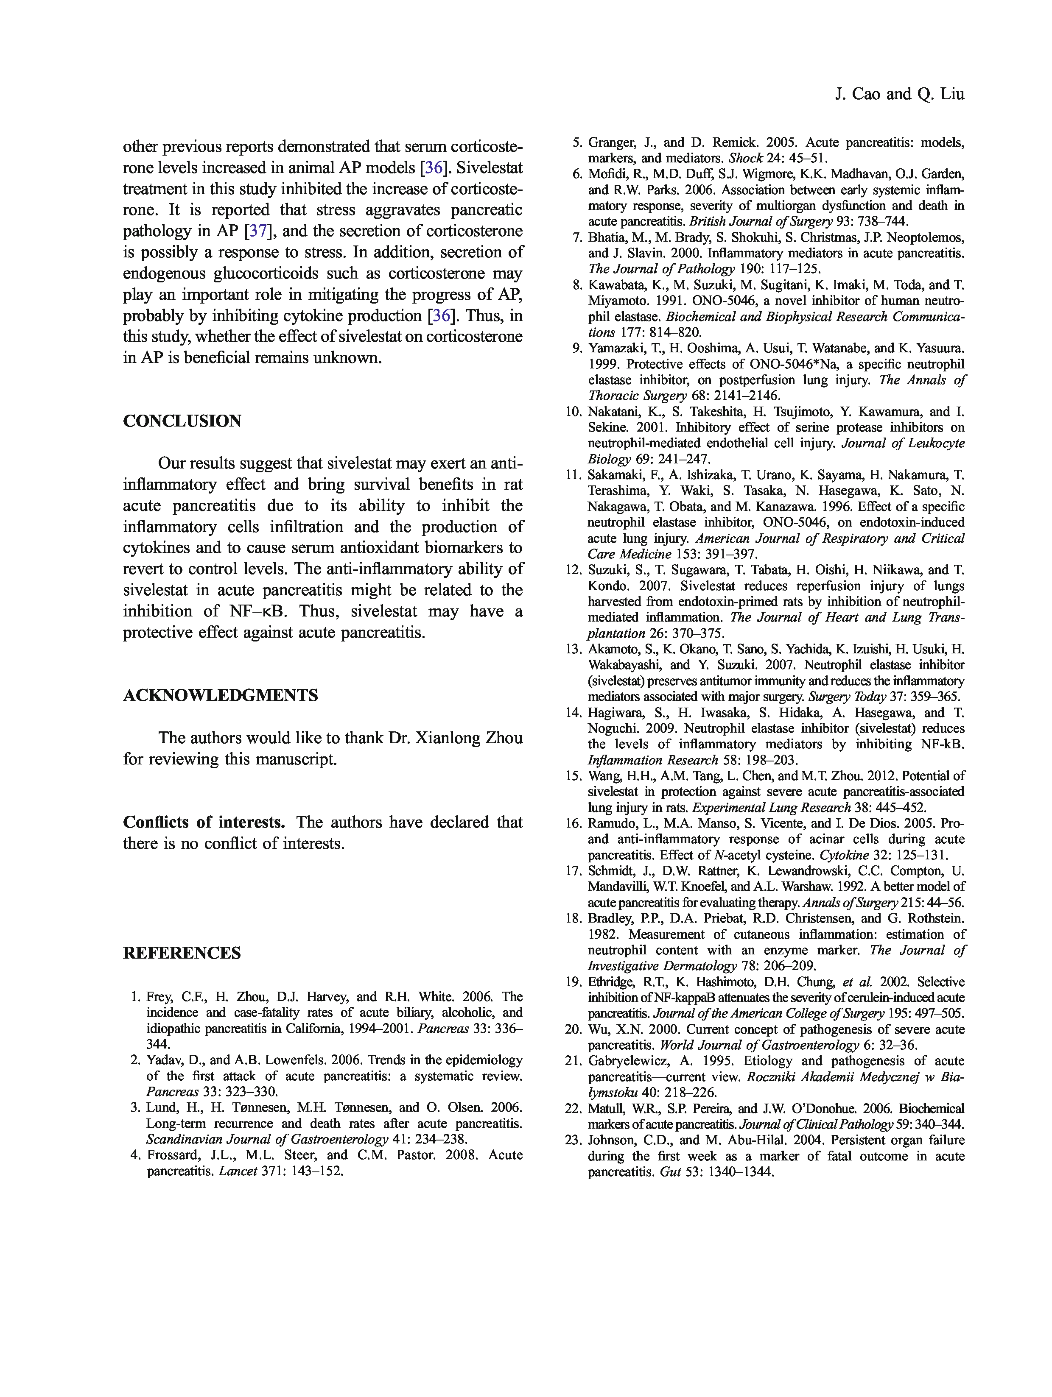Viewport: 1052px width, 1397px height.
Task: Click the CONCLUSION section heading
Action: pos(182,421)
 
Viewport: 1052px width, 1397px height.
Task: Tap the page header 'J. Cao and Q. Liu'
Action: pos(899,94)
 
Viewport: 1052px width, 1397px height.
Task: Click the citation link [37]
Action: pos(258,231)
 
